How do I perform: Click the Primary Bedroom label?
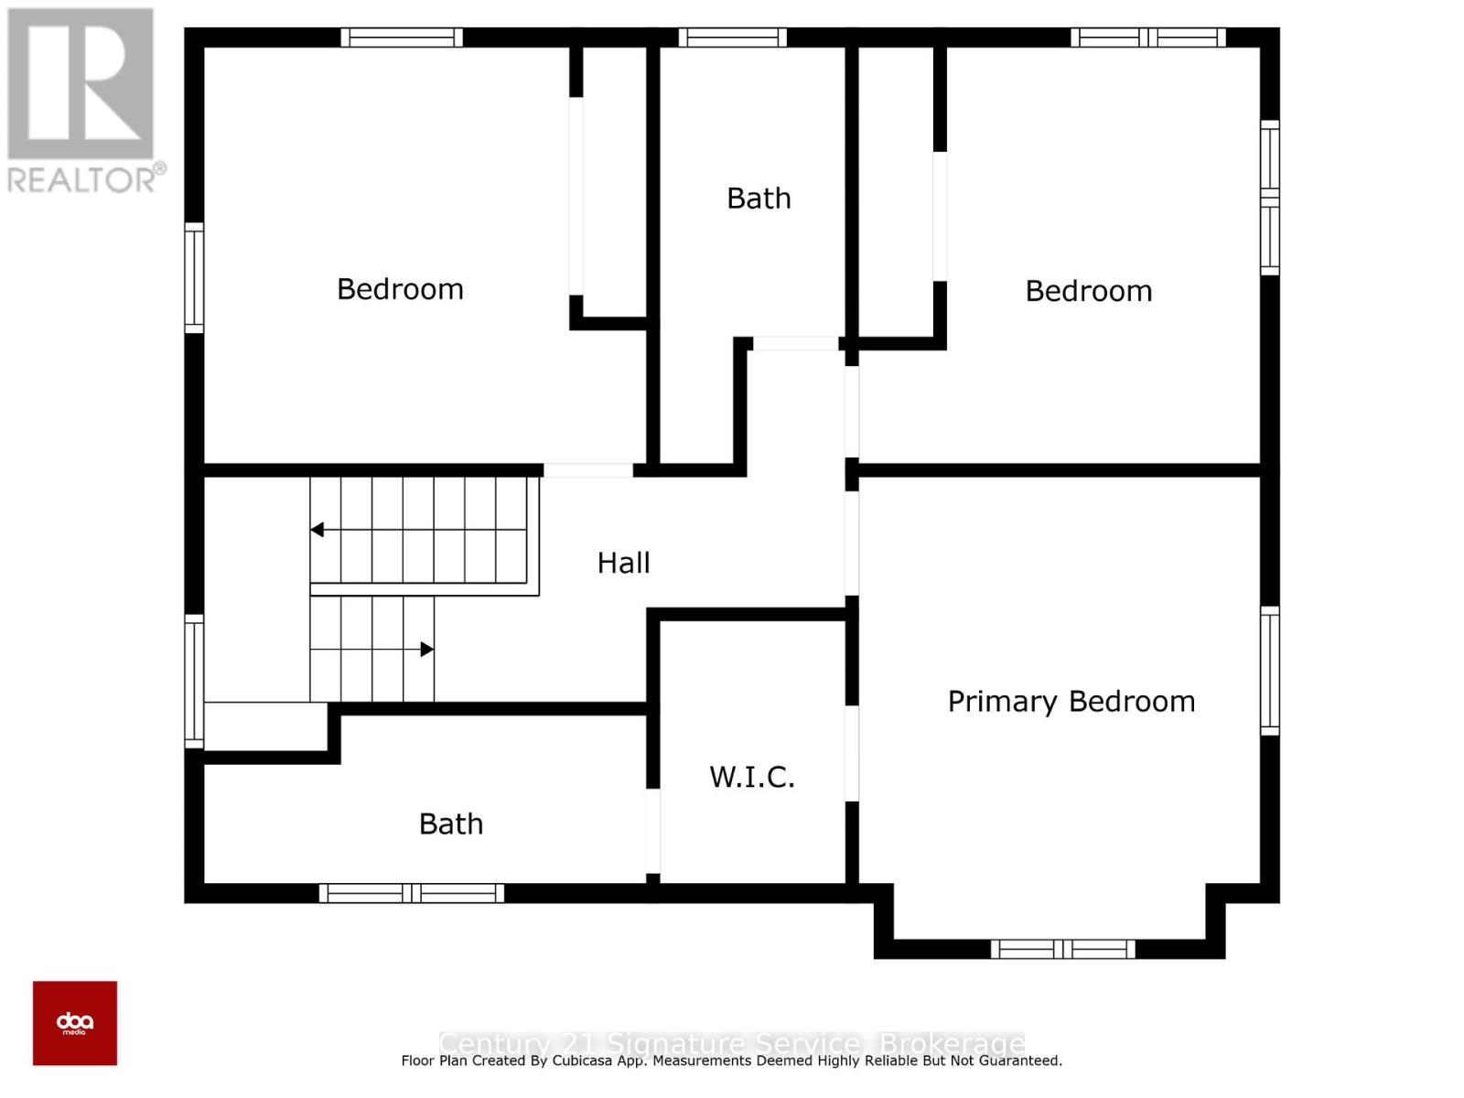(1071, 702)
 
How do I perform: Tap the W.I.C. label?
(752, 778)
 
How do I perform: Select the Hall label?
(623, 563)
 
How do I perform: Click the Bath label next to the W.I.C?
(451, 824)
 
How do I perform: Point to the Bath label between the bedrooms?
(759, 199)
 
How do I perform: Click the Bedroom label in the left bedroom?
(400, 289)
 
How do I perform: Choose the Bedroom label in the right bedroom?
(1088, 291)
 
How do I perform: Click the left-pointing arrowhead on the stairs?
(317, 530)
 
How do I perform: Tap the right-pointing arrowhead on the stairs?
(426, 650)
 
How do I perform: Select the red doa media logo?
(75, 1023)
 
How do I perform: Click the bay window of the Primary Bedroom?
(1062, 949)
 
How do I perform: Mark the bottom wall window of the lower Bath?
(412, 893)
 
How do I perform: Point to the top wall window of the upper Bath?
(732, 38)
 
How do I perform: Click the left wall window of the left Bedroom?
(194, 277)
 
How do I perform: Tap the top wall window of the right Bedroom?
(1148, 38)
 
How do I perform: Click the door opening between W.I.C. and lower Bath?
(653, 831)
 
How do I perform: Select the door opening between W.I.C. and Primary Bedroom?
(852, 753)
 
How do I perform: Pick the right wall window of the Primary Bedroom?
(1270, 670)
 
